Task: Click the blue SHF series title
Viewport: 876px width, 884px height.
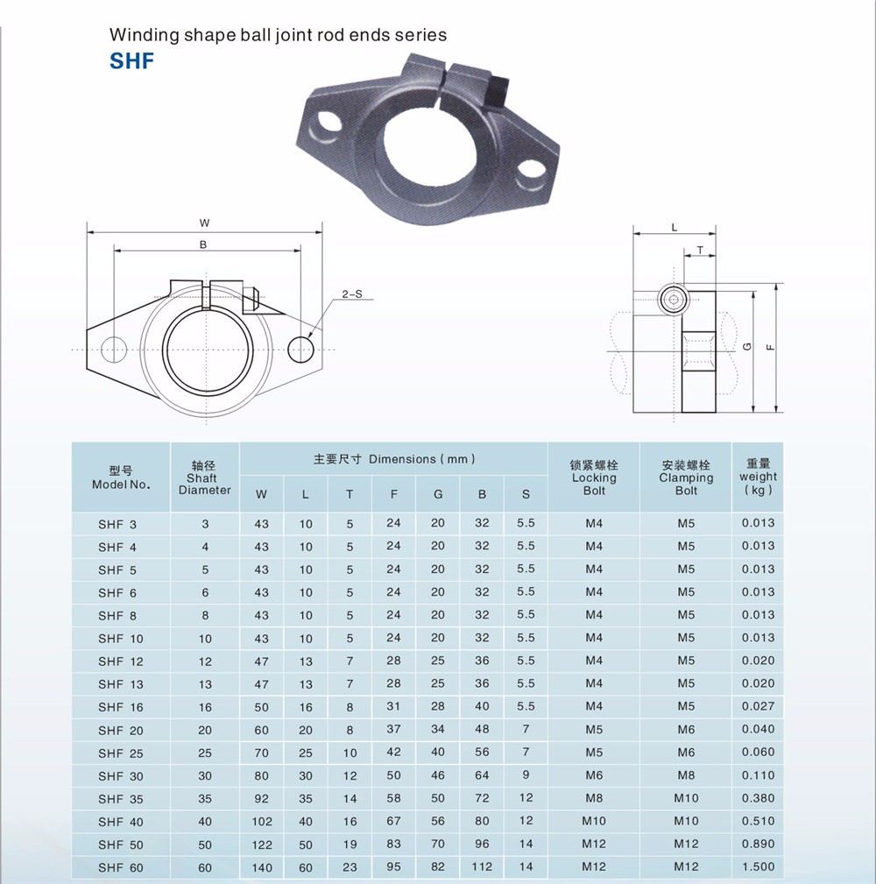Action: (x=131, y=60)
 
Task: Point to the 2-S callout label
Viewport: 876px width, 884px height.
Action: (x=352, y=293)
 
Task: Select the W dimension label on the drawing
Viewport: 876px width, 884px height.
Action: (x=204, y=223)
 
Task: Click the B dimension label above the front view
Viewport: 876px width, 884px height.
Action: (x=203, y=244)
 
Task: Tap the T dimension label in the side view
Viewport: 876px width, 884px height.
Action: (x=700, y=251)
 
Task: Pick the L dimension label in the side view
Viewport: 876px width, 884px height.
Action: (x=675, y=228)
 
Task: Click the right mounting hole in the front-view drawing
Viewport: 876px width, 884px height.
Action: (x=300, y=349)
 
